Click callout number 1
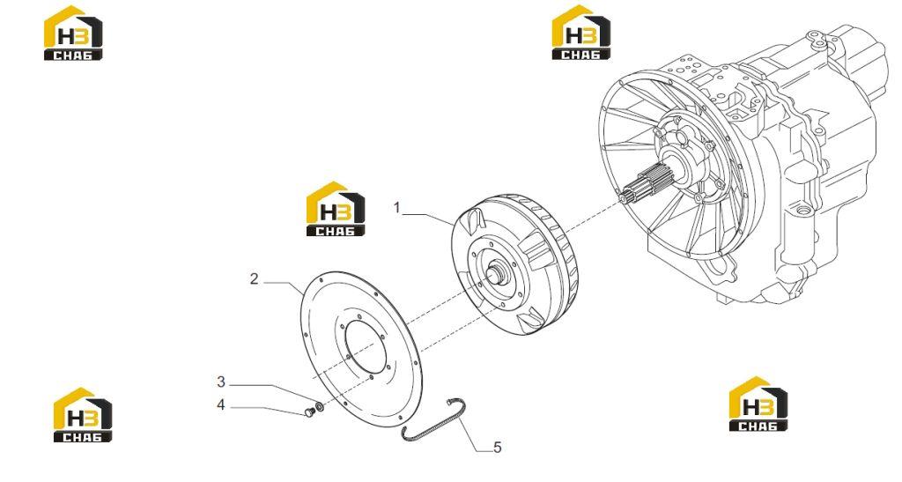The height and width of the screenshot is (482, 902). [x=396, y=208]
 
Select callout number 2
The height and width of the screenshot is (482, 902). [x=255, y=279]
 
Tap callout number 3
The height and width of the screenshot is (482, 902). [x=221, y=382]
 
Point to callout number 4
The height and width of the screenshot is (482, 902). [x=221, y=405]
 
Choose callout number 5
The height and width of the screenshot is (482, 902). [x=498, y=447]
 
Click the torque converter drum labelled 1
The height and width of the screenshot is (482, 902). [x=515, y=264]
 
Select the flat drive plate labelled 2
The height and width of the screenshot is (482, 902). [x=362, y=350]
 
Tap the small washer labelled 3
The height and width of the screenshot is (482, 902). [x=319, y=407]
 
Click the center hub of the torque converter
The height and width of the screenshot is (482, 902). [x=499, y=275]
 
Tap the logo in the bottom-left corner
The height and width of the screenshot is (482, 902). [x=83, y=415]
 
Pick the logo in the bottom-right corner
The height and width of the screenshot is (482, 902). [x=758, y=404]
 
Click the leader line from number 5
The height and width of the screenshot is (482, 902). [x=473, y=434]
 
